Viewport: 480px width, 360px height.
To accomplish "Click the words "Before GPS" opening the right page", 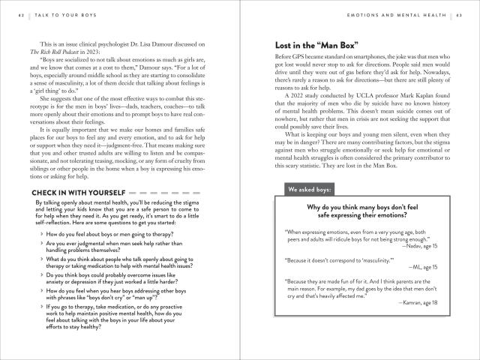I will (290, 58).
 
